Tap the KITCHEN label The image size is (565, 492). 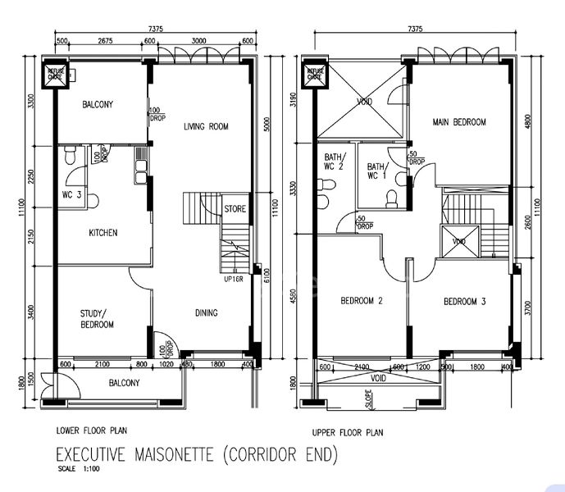point(103,233)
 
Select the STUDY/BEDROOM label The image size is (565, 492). point(97,318)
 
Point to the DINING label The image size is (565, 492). point(206,312)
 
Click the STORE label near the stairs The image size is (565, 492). point(235,209)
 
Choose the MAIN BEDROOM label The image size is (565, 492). point(459,122)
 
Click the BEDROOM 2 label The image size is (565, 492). point(362,301)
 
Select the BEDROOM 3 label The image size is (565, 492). point(465,302)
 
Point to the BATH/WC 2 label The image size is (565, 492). point(335,162)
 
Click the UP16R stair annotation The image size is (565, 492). point(235,279)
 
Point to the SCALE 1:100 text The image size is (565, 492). point(77,470)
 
